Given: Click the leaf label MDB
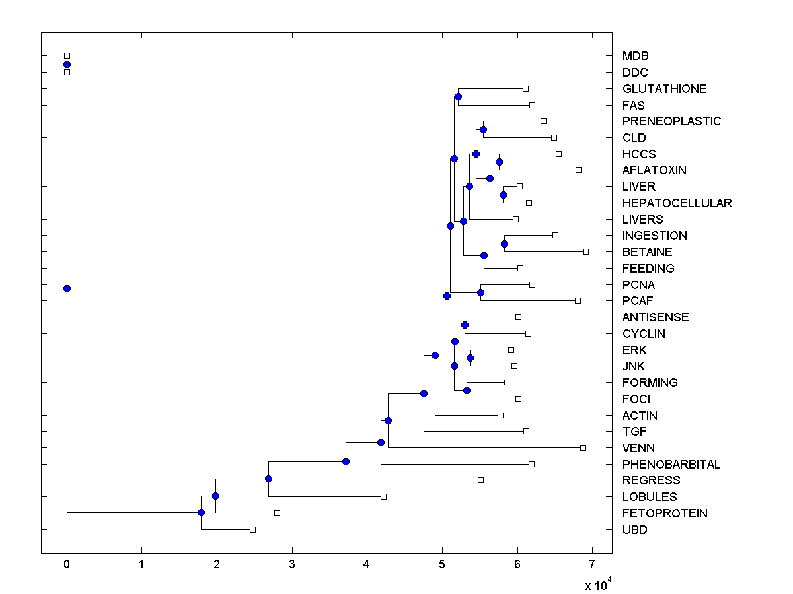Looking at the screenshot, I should (x=635, y=56).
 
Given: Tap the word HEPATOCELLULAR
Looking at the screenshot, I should (x=677, y=203).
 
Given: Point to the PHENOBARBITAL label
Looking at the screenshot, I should (x=671, y=465).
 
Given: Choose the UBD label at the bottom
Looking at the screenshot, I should (x=634, y=530).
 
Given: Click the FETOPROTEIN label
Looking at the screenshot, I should (x=664, y=513).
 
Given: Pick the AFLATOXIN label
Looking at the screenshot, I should (x=654, y=170).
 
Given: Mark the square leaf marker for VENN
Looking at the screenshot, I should (x=583, y=447).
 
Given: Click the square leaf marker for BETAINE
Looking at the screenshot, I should (x=585, y=251).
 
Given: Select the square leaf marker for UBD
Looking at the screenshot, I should (x=252, y=529).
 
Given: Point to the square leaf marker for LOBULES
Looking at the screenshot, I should (x=383, y=496).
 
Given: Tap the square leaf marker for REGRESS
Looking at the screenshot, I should (x=480, y=480).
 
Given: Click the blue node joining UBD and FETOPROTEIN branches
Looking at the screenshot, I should (x=201, y=513).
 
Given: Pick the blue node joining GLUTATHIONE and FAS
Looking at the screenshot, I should (x=458, y=97).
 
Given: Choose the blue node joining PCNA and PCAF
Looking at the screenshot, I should (x=481, y=292).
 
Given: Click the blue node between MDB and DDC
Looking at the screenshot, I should (x=67, y=64).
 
